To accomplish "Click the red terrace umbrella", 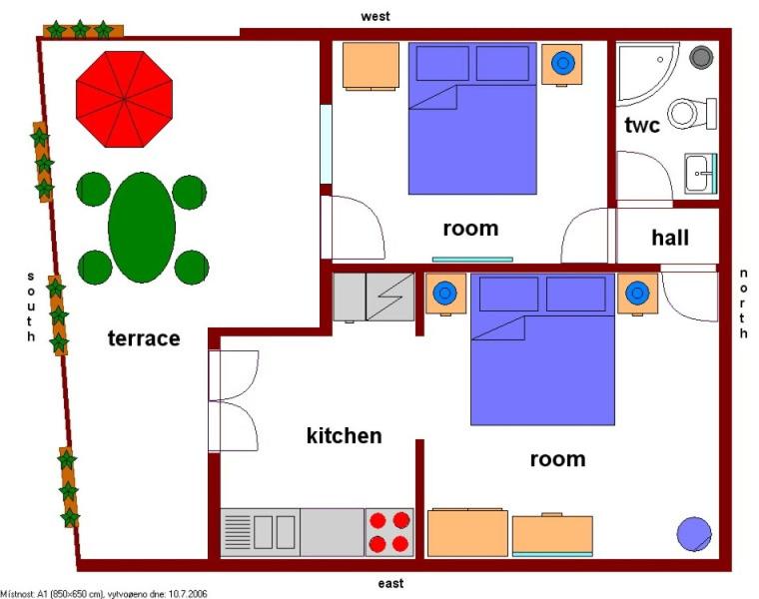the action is [125, 99].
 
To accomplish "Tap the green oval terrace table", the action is [142, 228].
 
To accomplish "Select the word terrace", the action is [144, 338].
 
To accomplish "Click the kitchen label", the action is [345, 436].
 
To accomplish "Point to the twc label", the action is [642, 126].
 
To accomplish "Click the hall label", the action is [670, 238].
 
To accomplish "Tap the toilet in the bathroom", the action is [692, 114].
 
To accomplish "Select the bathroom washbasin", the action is [700, 173].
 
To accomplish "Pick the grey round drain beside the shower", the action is [701, 57].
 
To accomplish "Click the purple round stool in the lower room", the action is [694, 534].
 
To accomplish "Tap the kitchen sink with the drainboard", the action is [261, 532].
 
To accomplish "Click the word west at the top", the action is [376, 16].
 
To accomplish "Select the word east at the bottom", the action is [390, 583].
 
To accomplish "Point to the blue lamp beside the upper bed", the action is [562, 63].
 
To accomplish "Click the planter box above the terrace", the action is [83, 31].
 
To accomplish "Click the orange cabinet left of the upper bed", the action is [371, 66].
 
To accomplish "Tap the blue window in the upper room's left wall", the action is [327, 144].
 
